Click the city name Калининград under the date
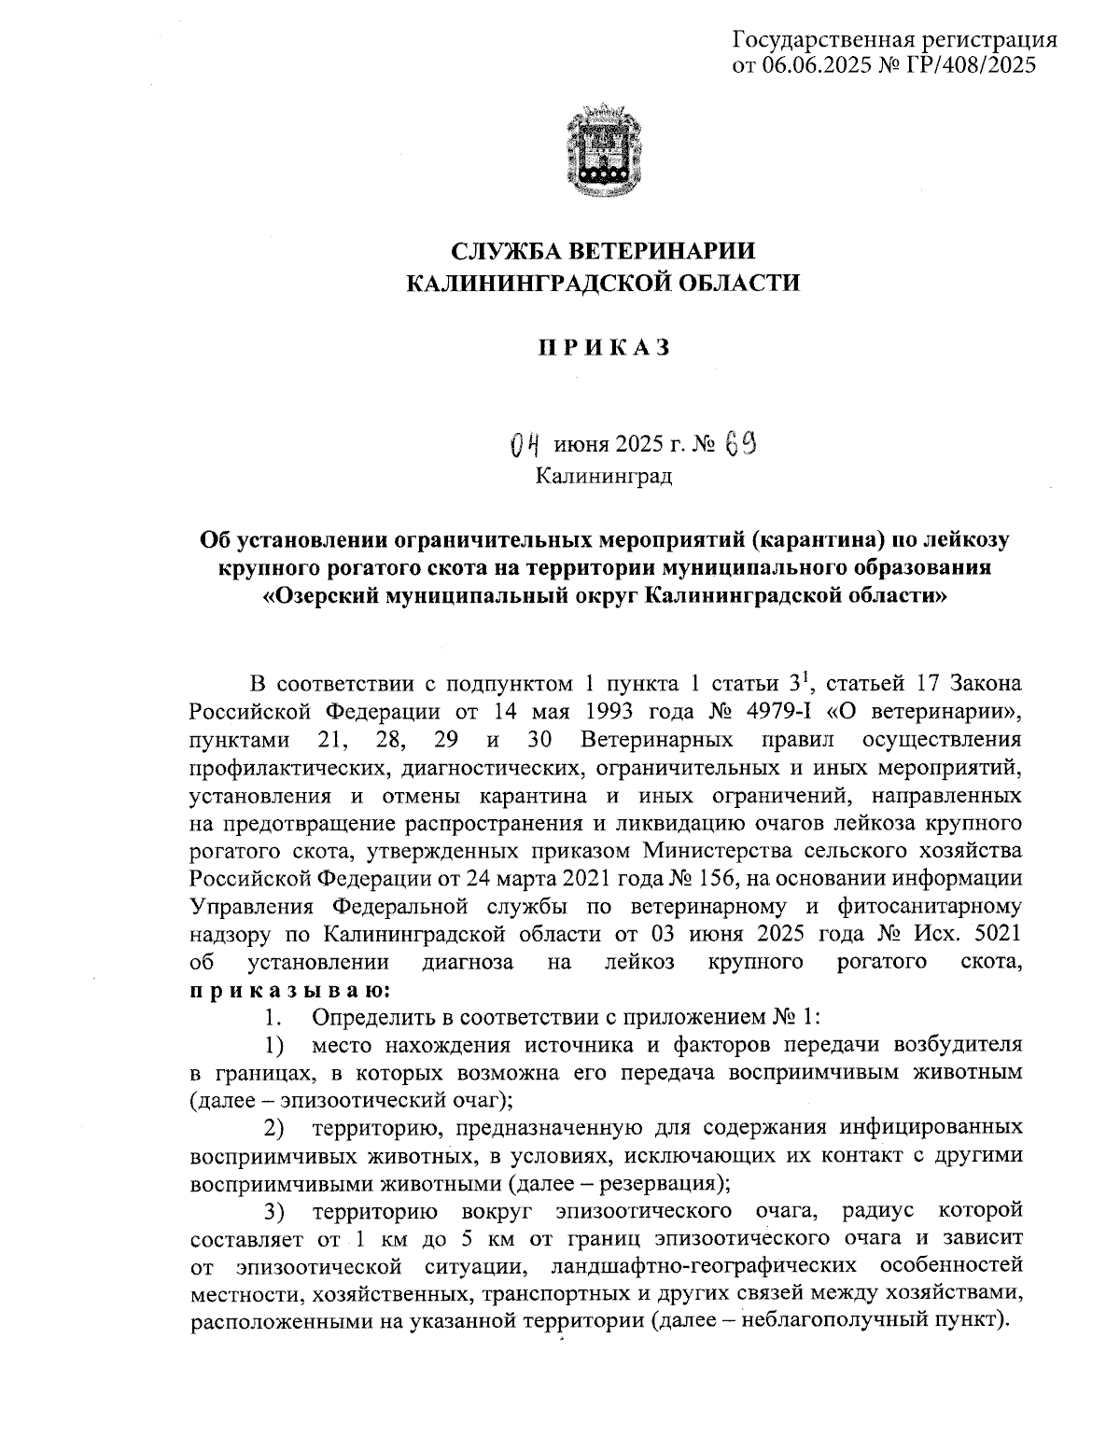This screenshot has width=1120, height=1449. pyautogui.click(x=604, y=477)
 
